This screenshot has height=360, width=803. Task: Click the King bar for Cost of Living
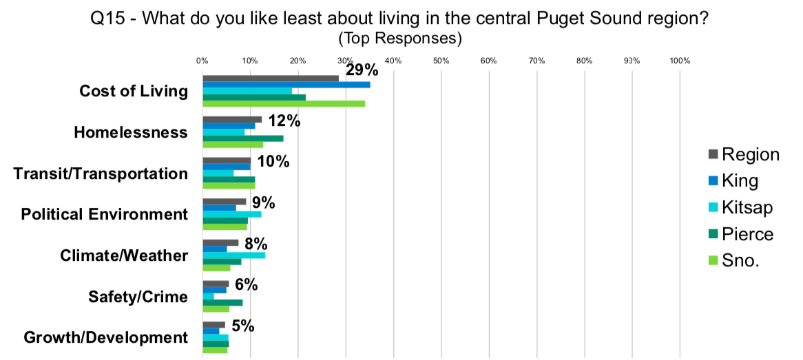(x=286, y=85)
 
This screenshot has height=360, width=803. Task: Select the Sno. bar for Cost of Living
(x=283, y=104)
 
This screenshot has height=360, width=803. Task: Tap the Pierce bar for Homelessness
(x=242, y=138)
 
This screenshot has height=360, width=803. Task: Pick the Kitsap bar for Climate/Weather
(x=233, y=255)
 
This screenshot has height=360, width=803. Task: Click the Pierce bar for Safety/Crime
(x=222, y=302)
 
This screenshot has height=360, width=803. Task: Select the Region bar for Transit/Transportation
(x=226, y=160)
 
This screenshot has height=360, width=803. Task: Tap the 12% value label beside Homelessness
(x=284, y=121)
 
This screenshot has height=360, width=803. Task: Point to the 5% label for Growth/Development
(x=242, y=326)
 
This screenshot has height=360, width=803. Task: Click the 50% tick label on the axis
(x=441, y=61)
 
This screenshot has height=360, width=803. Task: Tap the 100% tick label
(x=679, y=61)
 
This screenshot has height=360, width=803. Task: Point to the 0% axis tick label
(x=202, y=61)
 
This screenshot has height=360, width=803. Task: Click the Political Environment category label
(x=105, y=214)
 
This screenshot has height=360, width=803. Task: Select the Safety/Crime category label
(x=138, y=297)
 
